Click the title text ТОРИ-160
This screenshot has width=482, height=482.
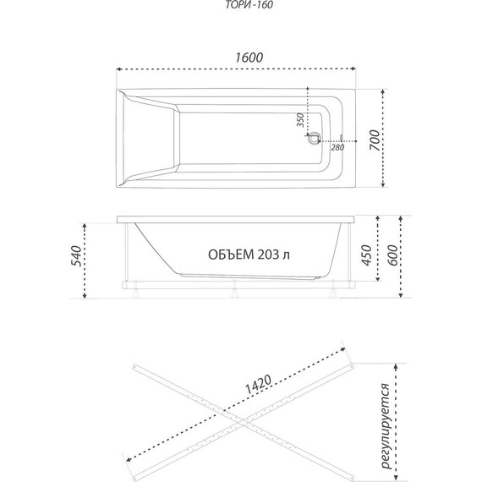click(249, 4)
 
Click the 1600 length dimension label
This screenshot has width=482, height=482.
click(249, 58)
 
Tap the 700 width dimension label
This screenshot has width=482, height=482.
click(375, 140)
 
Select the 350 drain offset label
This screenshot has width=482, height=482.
click(300, 120)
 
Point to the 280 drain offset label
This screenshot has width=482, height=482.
click(337, 147)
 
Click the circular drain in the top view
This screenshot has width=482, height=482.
click(315, 138)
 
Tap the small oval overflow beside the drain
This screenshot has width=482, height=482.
click(342, 139)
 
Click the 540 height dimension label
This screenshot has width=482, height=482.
click(76, 255)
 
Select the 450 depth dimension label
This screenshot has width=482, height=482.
click(366, 255)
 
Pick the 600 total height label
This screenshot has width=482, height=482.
click(392, 255)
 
